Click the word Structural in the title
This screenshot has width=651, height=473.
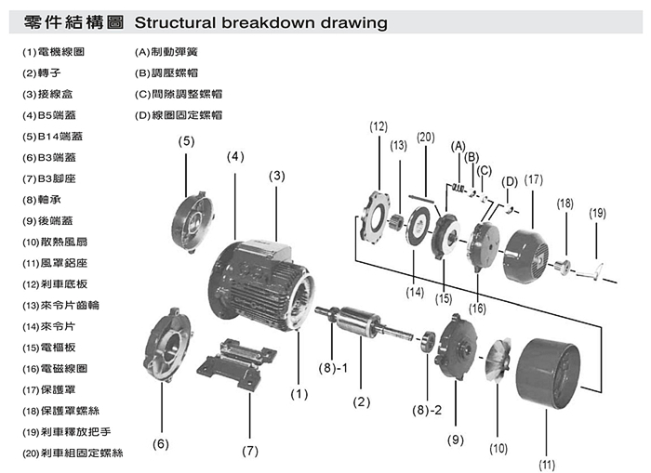tap(178, 22)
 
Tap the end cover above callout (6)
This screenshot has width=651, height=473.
tap(170, 349)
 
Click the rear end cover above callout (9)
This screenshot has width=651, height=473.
tap(457, 358)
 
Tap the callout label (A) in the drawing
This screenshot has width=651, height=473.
tap(458, 146)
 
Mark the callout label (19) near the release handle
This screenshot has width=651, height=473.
tap(597, 213)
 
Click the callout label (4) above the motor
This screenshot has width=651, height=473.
tap(235, 156)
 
